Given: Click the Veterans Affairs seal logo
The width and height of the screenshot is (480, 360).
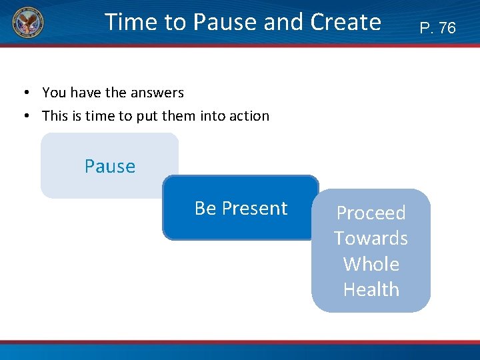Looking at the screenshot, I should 27,25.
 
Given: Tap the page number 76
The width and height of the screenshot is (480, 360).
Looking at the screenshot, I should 447,28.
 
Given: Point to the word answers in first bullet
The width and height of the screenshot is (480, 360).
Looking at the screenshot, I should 157,93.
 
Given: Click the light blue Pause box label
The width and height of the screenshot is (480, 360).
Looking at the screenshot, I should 110,166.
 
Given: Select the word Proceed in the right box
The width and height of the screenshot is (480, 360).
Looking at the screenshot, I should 371,213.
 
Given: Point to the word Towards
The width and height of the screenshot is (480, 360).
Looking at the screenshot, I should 371,238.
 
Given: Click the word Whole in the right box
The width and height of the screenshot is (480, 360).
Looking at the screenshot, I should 371,264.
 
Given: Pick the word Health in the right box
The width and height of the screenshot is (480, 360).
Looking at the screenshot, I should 371,289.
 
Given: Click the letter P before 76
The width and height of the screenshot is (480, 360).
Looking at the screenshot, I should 425,28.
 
